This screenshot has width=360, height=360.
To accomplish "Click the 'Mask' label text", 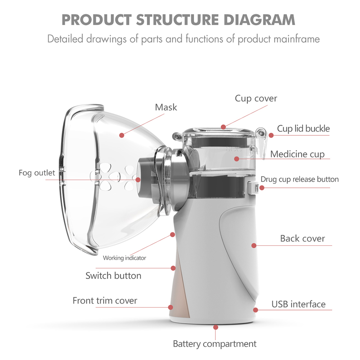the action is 166,107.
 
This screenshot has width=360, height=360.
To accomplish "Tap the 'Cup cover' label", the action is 256,98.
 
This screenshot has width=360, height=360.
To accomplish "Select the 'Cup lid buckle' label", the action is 303,129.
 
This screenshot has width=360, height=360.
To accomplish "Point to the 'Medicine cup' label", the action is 297,154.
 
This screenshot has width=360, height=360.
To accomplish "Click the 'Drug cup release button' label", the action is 299,179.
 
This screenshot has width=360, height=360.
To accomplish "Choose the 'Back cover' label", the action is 303,239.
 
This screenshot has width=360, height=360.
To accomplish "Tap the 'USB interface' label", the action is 299,304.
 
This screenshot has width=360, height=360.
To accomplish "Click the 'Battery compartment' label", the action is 214,344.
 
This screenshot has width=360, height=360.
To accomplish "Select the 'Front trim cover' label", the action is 105,300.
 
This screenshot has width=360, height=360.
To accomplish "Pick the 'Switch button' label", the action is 113,276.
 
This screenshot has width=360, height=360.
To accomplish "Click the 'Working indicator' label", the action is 124,258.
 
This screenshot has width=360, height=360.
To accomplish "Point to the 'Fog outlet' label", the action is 37,173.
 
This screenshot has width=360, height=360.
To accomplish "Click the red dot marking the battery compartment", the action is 215,327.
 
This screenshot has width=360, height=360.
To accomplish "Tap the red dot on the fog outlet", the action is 138,180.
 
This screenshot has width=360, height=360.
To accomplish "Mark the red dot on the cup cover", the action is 223,127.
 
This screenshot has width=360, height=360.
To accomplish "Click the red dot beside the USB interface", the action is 255,310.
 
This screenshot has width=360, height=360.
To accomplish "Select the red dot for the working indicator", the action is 172,234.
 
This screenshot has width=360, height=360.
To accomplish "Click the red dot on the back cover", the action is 254,245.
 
